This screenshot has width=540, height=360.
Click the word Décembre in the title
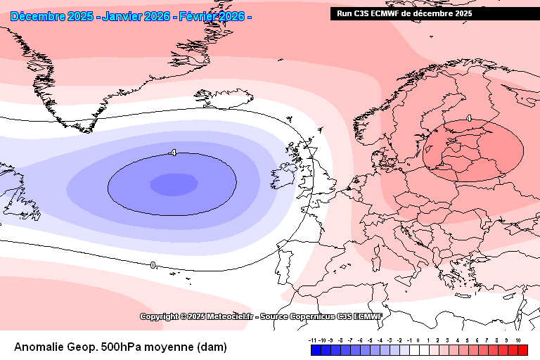click(x=39, y=16)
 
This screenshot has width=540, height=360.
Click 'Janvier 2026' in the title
click(x=136, y=16)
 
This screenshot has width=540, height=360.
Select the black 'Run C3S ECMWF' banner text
click(x=404, y=13)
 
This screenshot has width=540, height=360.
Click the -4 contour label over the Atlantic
click(x=172, y=153)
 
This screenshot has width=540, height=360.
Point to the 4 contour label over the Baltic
click(x=469, y=120)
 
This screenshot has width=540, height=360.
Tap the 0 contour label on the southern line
click(x=153, y=265)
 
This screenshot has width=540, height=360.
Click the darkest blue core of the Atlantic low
click(x=173, y=185)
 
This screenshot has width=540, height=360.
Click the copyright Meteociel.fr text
click(x=260, y=316)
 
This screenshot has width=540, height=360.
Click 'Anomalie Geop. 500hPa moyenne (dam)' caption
click(x=120, y=347)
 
